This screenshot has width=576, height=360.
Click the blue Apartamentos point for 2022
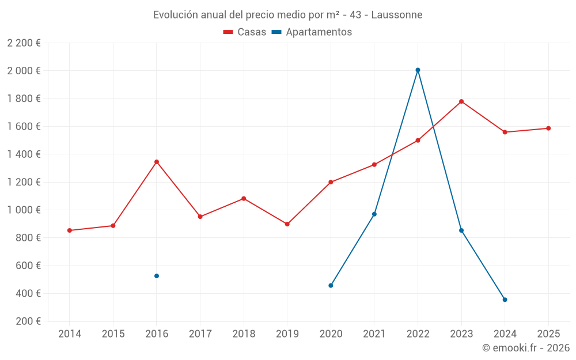(418, 70)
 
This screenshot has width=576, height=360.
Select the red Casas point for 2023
(461, 101)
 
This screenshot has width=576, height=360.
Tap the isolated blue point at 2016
(157, 276)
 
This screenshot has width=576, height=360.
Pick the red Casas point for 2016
(157, 162)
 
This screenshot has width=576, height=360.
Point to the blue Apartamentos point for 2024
(505, 300)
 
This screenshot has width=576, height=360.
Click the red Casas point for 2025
(548, 128)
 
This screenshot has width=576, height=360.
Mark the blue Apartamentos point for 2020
(331, 286)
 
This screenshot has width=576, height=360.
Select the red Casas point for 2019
(287, 224)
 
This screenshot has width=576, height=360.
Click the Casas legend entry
(245, 32)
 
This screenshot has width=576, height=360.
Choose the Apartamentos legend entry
(312, 32)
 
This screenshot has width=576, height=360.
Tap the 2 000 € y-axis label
(24, 71)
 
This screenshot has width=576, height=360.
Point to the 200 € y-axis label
(28, 321)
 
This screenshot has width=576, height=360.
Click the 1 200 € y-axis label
(24, 182)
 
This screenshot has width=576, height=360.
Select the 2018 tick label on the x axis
(244, 334)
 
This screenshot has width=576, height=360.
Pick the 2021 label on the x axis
(374, 334)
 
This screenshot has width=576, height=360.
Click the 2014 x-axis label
(70, 334)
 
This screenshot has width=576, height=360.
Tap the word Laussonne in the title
(397, 15)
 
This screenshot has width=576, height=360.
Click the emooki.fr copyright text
(526, 348)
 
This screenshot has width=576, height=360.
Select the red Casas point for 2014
(70, 230)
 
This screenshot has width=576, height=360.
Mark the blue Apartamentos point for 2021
(374, 214)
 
